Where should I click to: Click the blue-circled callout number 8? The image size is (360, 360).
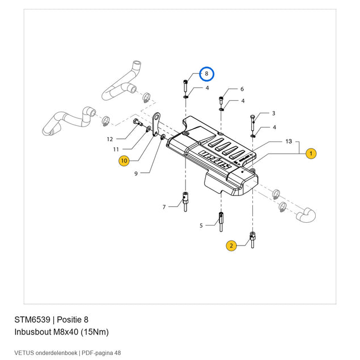pyautogui.click(x=206, y=74)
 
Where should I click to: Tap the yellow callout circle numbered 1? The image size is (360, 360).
pyautogui.click(x=311, y=154)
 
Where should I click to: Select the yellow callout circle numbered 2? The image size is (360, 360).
pyautogui.click(x=231, y=245)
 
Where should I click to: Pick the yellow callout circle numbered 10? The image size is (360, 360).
pyautogui.click(x=124, y=160)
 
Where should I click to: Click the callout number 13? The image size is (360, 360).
pyautogui.click(x=289, y=141)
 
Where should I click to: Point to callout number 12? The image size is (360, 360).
pyautogui.click(x=110, y=139)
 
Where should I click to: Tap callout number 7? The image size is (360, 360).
pyautogui.click(x=164, y=207)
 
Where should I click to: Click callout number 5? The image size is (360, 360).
pyautogui.click(x=201, y=226)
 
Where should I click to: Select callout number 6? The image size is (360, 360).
pyautogui.click(x=242, y=89)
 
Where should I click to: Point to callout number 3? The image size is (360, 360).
pyautogui.click(x=273, y=113)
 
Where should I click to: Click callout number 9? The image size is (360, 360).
pyautogui.click(x=136, y=173)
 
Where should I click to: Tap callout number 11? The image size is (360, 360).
pyautogui.click(x=116, y=150)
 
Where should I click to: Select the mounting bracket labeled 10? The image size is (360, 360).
pyautogui.click(x=156, y=125)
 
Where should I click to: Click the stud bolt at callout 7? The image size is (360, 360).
pyautogui.click(x=185, y=202)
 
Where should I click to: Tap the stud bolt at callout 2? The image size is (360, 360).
pyautogui.click(x=252, y=240)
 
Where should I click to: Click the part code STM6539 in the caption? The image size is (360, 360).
pyautogui.click(x=32, y=320)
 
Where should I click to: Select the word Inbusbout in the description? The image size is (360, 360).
pyautogui.click(x=33, y=332)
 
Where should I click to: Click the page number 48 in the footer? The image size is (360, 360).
pyautogui.click(x=117, y=353)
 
